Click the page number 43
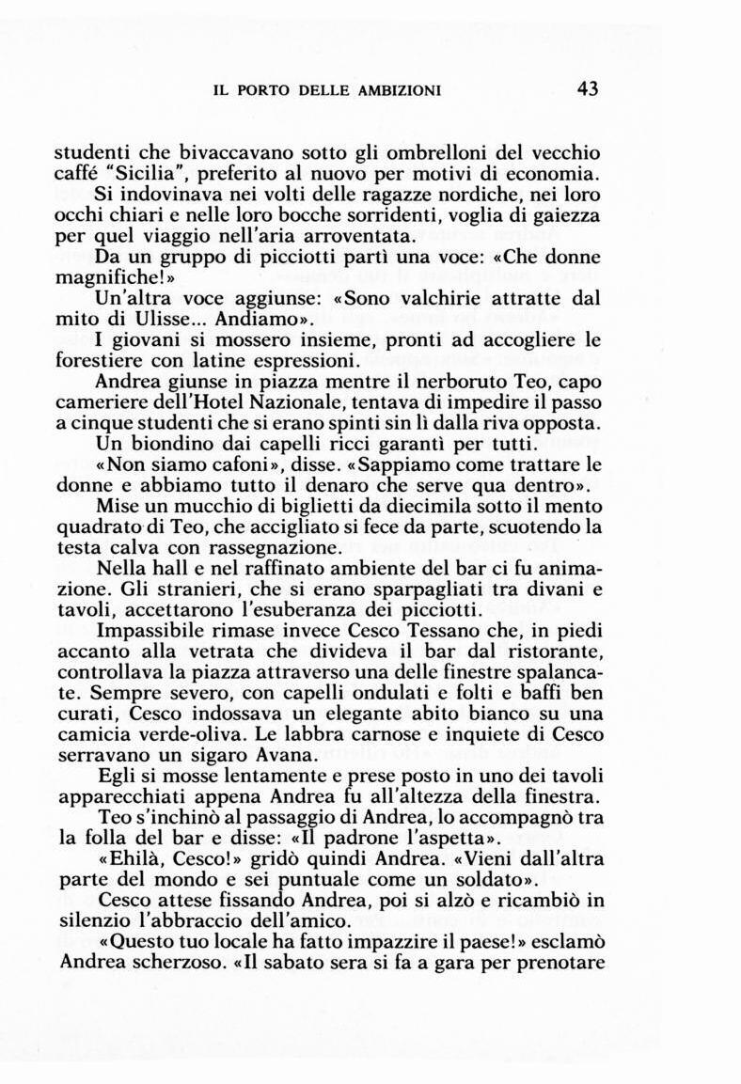click(588, 89)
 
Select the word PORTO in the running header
click(263, 91)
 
